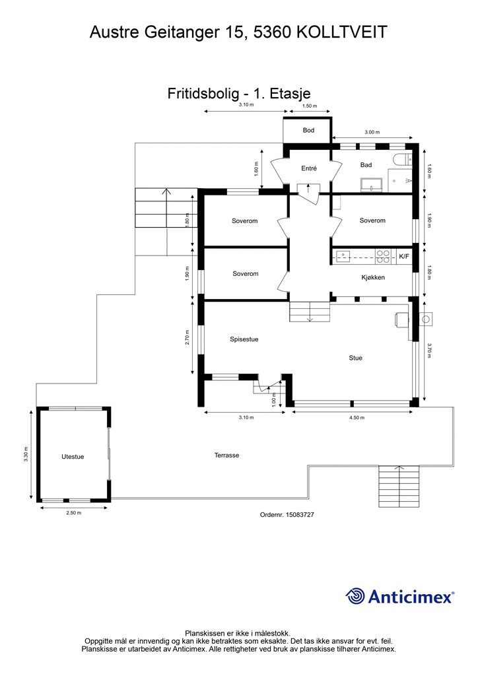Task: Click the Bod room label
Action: click(308, 130)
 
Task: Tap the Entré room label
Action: click(308, 168)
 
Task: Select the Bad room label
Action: click(366, 164)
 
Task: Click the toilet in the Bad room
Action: click(403, 160)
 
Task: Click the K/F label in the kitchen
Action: click(404, 257)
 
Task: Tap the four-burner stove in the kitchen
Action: click(383, 257)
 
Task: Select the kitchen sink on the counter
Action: click(343, 257)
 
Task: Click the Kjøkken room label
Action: click(373, 277)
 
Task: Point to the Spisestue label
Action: click(244, 339)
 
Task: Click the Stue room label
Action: click(355, 358)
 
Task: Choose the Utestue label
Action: click(73, 457)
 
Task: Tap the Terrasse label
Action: click(226, 456)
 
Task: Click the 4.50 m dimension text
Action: click(356, 418)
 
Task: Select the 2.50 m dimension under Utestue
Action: click(74, 513)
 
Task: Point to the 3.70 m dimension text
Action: click(429, 351)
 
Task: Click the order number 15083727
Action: click(300, 515)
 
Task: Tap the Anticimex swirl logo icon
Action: click(355, 597)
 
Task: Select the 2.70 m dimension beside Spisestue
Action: click(187, 337)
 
